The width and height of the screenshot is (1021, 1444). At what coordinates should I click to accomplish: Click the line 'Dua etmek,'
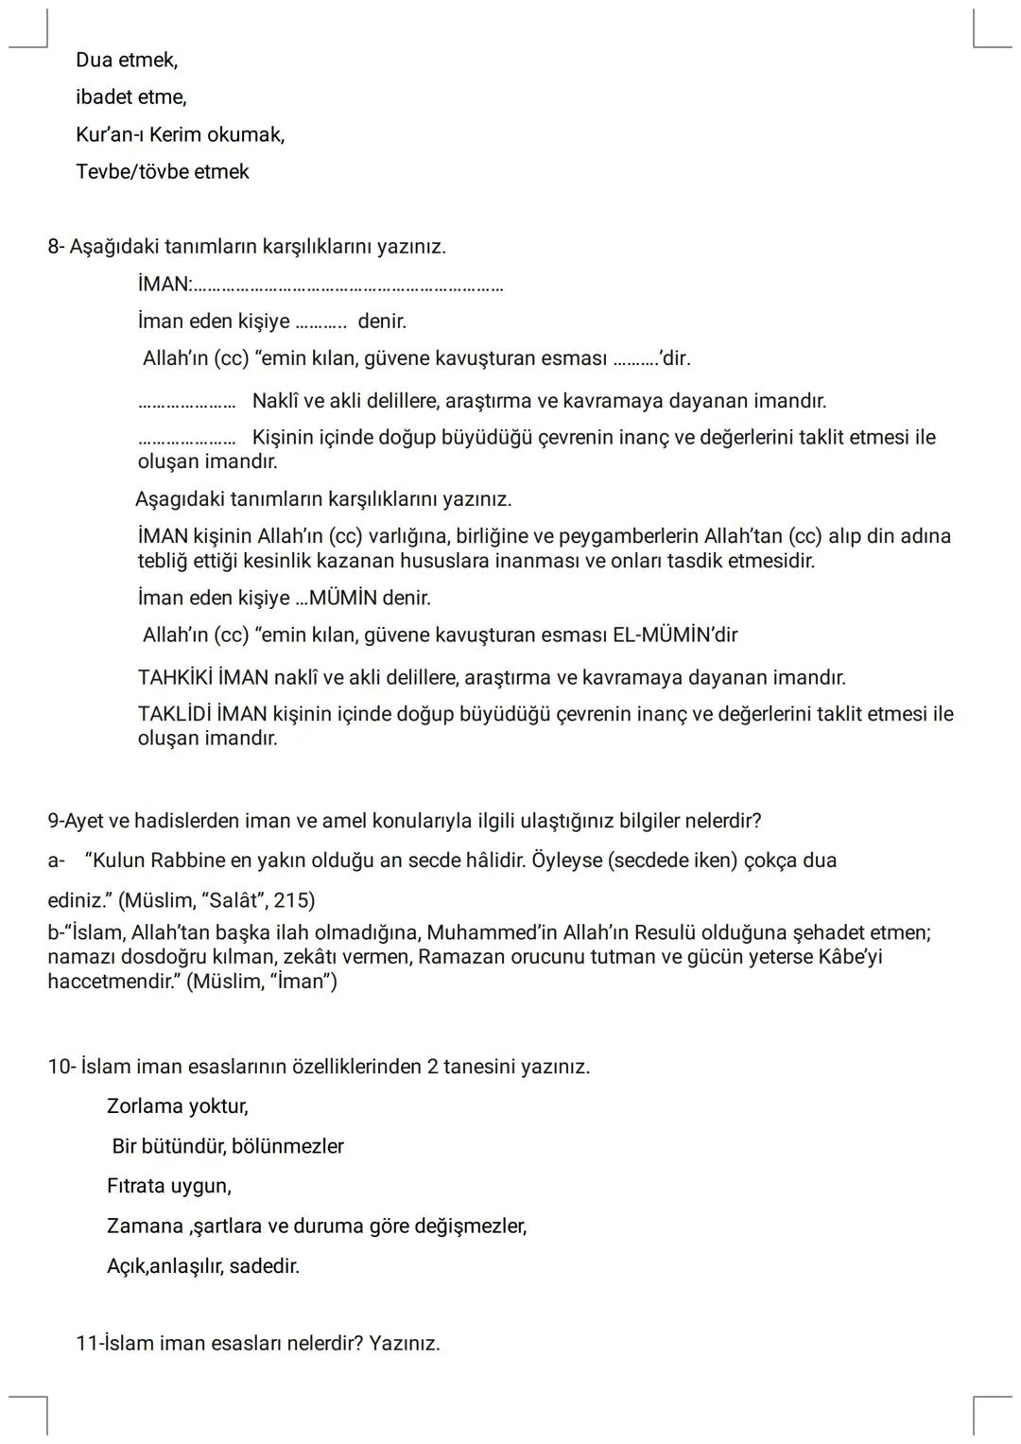[x=127, y=61]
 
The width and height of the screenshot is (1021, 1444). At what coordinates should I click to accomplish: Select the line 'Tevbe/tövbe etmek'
[x=163, y=172]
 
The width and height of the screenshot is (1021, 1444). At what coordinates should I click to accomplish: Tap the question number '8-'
[x=56, y=247]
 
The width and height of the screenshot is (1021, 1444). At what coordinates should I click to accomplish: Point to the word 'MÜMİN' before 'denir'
[x=343, y=599]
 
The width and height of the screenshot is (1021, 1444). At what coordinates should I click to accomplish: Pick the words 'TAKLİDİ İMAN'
[x=201, y=714]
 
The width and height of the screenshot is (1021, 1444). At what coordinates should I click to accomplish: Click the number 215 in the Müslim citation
[x=293, y=900]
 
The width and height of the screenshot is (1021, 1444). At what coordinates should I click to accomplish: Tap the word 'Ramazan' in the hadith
[x=457, y=957]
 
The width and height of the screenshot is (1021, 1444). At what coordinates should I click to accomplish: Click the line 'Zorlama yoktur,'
[x=178, y=1106]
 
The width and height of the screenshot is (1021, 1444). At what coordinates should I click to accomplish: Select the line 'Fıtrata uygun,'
[x=169, y=1186]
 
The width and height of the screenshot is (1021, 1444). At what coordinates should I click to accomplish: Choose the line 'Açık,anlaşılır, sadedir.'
[x=203, y=1266]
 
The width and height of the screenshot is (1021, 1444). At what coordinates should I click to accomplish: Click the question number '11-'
[x=89, y=1344]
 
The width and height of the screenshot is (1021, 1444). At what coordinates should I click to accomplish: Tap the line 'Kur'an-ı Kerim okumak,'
[x=180, y=135]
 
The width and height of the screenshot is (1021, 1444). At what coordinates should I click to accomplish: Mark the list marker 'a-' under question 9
[x=56, y=861]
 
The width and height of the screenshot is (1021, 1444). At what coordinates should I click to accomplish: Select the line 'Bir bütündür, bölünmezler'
[x=228, y=1147]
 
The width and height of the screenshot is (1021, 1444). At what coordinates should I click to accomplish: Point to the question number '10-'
[x=61, y=1068]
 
